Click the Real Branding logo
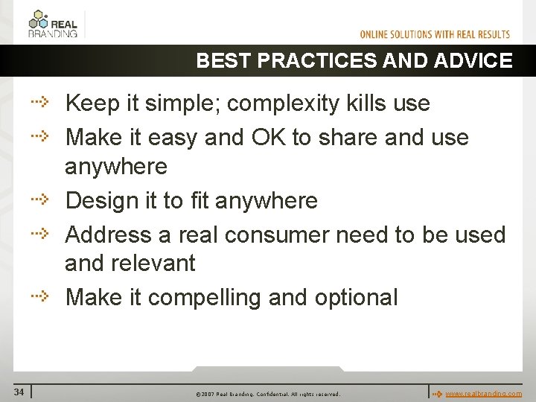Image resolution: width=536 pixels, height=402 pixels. [52, 23]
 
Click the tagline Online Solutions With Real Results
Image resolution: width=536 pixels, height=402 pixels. [435, 34]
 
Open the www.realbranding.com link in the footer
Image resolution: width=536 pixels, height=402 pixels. [483, 393]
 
